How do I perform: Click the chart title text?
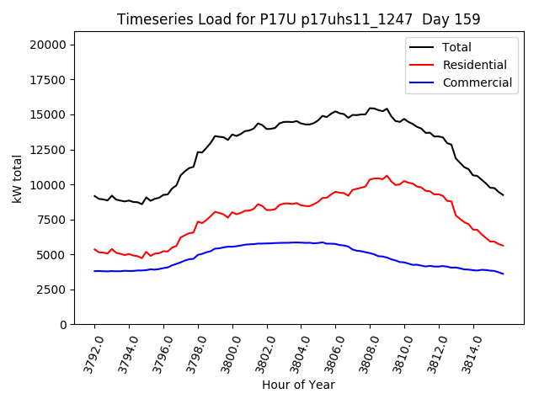pos(298,19)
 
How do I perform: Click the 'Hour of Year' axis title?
pos(298,385)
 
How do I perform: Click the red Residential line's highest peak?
pos(387,176)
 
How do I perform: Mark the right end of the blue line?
pos(504,274)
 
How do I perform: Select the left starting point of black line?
pos(94,196)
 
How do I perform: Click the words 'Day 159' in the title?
pos(451,19)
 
